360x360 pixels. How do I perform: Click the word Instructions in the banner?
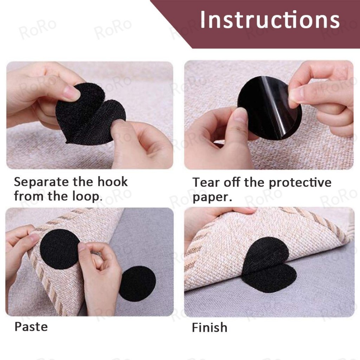click(x=270, y=20)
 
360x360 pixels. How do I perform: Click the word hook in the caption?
click(x=112, y=182)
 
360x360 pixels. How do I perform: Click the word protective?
click(x=300, y=183)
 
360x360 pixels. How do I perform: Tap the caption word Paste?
click(x=31, y=327)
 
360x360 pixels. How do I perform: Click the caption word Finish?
click(x=210, y=327)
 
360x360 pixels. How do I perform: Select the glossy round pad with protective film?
click(x=269, y=108)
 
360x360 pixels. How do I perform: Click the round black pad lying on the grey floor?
click(x=137, y=284)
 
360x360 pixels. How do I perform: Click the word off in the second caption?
click(x=232, y=183)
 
